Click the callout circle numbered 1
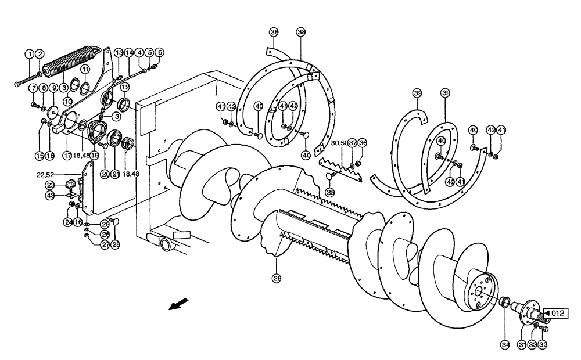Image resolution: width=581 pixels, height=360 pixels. (28, 53)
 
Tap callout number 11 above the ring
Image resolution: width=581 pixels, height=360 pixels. (85, 69)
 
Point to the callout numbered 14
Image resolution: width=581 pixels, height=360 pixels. (129, 52)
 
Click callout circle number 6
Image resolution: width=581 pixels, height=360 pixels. (159, 52)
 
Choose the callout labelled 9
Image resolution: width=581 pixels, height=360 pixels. (54, 88)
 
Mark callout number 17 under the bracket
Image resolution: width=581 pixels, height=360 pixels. (68, 156)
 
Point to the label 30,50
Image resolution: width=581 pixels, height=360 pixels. (340, 143)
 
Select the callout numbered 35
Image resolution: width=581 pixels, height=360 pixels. (331, 192)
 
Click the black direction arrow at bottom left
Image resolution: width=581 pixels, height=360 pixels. (179, 304)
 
